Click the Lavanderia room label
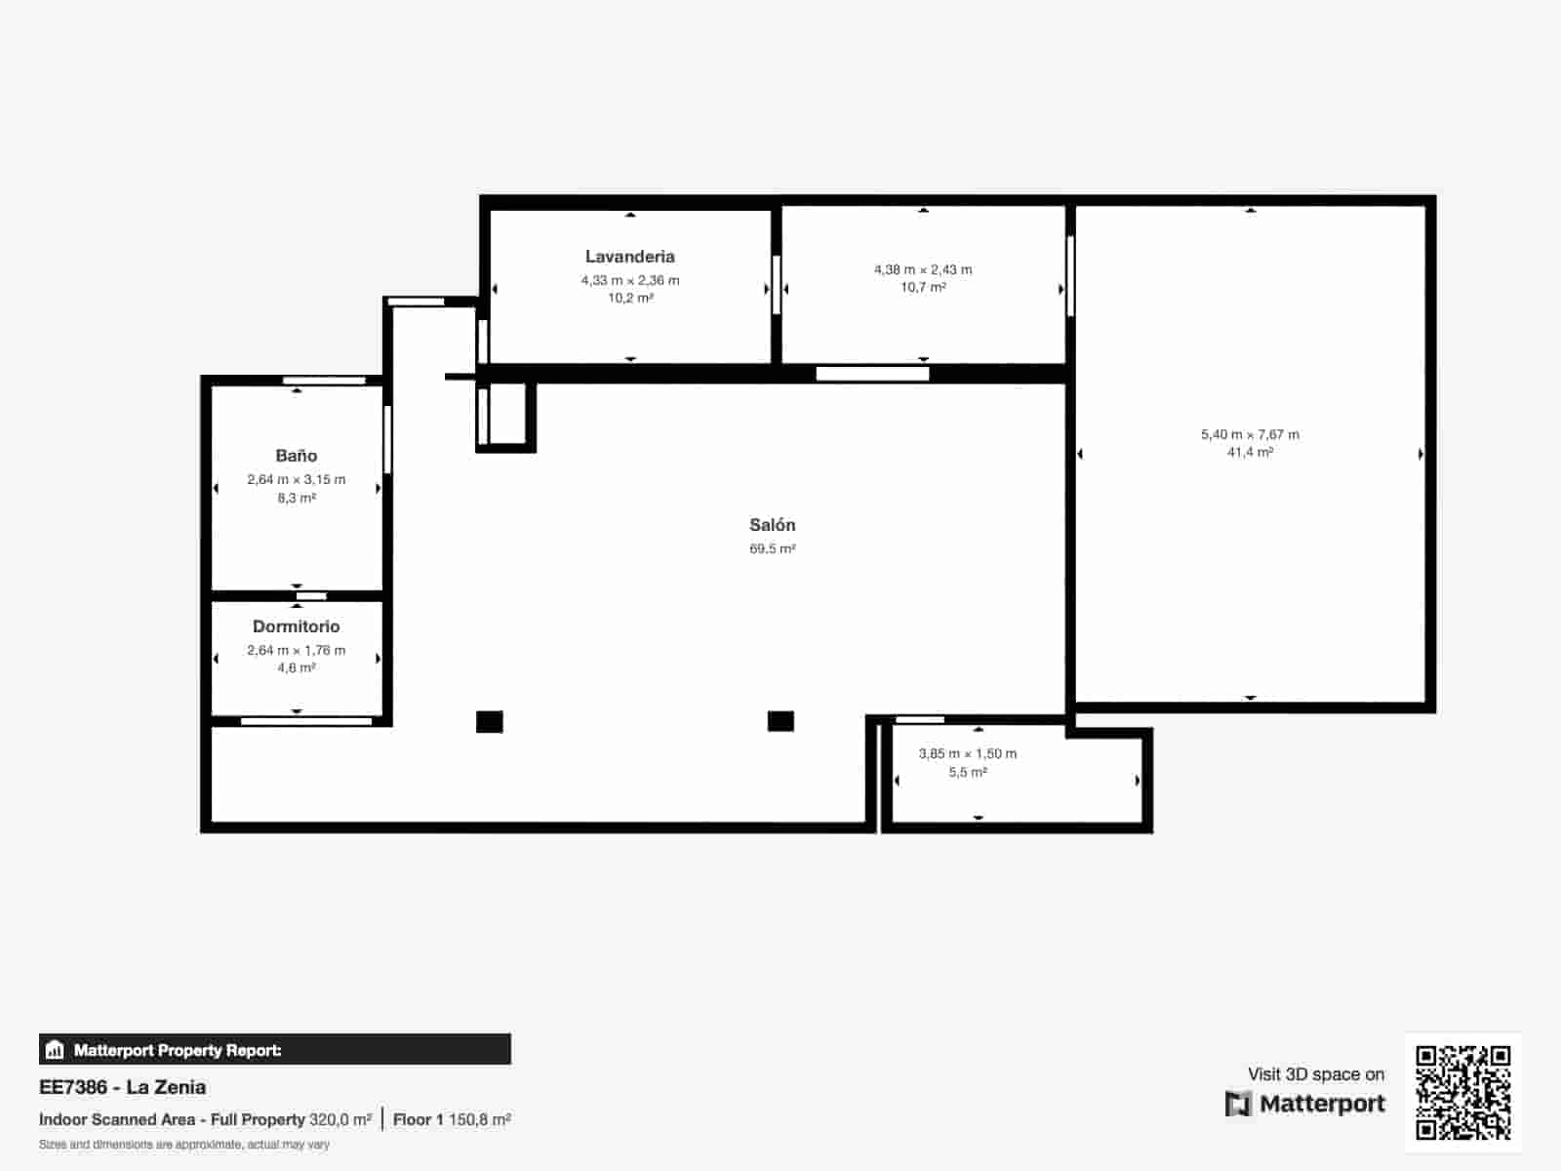click(x=629, y=257)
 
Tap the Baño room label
click(x=296, y=456)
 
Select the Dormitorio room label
click(x=296, y=626)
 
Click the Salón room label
click(x=772, y=525)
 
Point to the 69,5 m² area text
click(x=772, y=549)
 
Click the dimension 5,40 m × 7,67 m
click(x=1250, y=434)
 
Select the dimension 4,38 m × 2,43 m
click(x=923, y=269)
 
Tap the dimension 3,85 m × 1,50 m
click(x=968, y=753)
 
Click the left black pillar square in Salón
click(x=489, y=722)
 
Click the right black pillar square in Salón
click(x=780, y=721)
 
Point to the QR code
click(x=1462, y=1092)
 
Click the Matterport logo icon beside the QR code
click(x=1238, y=1104)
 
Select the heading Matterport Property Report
click(x=178, y=1050)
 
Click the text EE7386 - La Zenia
click(x=123, y=1087)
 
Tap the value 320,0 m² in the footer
click(x=340, y=1119)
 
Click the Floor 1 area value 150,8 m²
click(x=479, y=1119)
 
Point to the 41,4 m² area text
click(x=1250, y=453)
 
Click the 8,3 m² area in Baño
click(x=296, y=498)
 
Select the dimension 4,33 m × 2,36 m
click(x=630, y=280)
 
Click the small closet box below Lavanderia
click(x=507, y=415)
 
